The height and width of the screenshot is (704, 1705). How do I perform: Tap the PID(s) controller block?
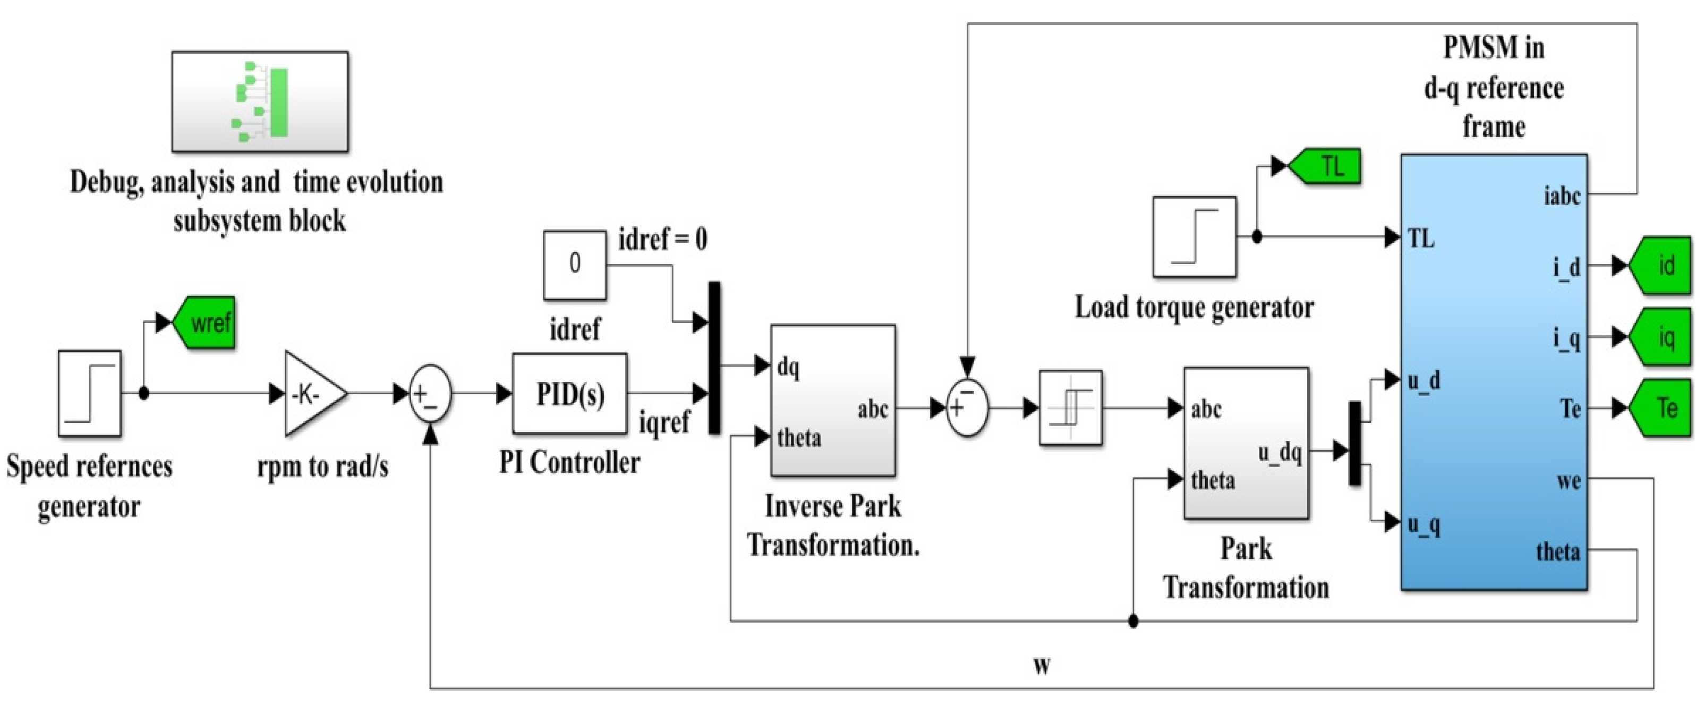pos(569,395)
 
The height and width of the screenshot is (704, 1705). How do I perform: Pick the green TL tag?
pos(1326,166)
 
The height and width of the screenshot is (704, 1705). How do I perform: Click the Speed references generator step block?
pos(89,393)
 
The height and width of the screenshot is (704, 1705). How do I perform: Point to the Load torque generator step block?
pos(1194,237)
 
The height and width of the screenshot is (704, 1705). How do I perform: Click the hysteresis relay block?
pos(1070,408)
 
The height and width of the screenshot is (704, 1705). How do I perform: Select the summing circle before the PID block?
pos(430,395)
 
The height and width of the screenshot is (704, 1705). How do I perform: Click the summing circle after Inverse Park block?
pos(967,408)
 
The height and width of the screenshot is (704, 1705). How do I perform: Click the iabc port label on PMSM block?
pos(1562,196)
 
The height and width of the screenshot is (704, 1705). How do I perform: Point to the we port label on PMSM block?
pos(1568,481)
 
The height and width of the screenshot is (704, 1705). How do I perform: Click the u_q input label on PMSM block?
pos(1423,524)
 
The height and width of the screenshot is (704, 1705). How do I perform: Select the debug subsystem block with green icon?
pos(260,102)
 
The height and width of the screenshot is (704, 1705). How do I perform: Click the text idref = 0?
pos(662,239)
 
